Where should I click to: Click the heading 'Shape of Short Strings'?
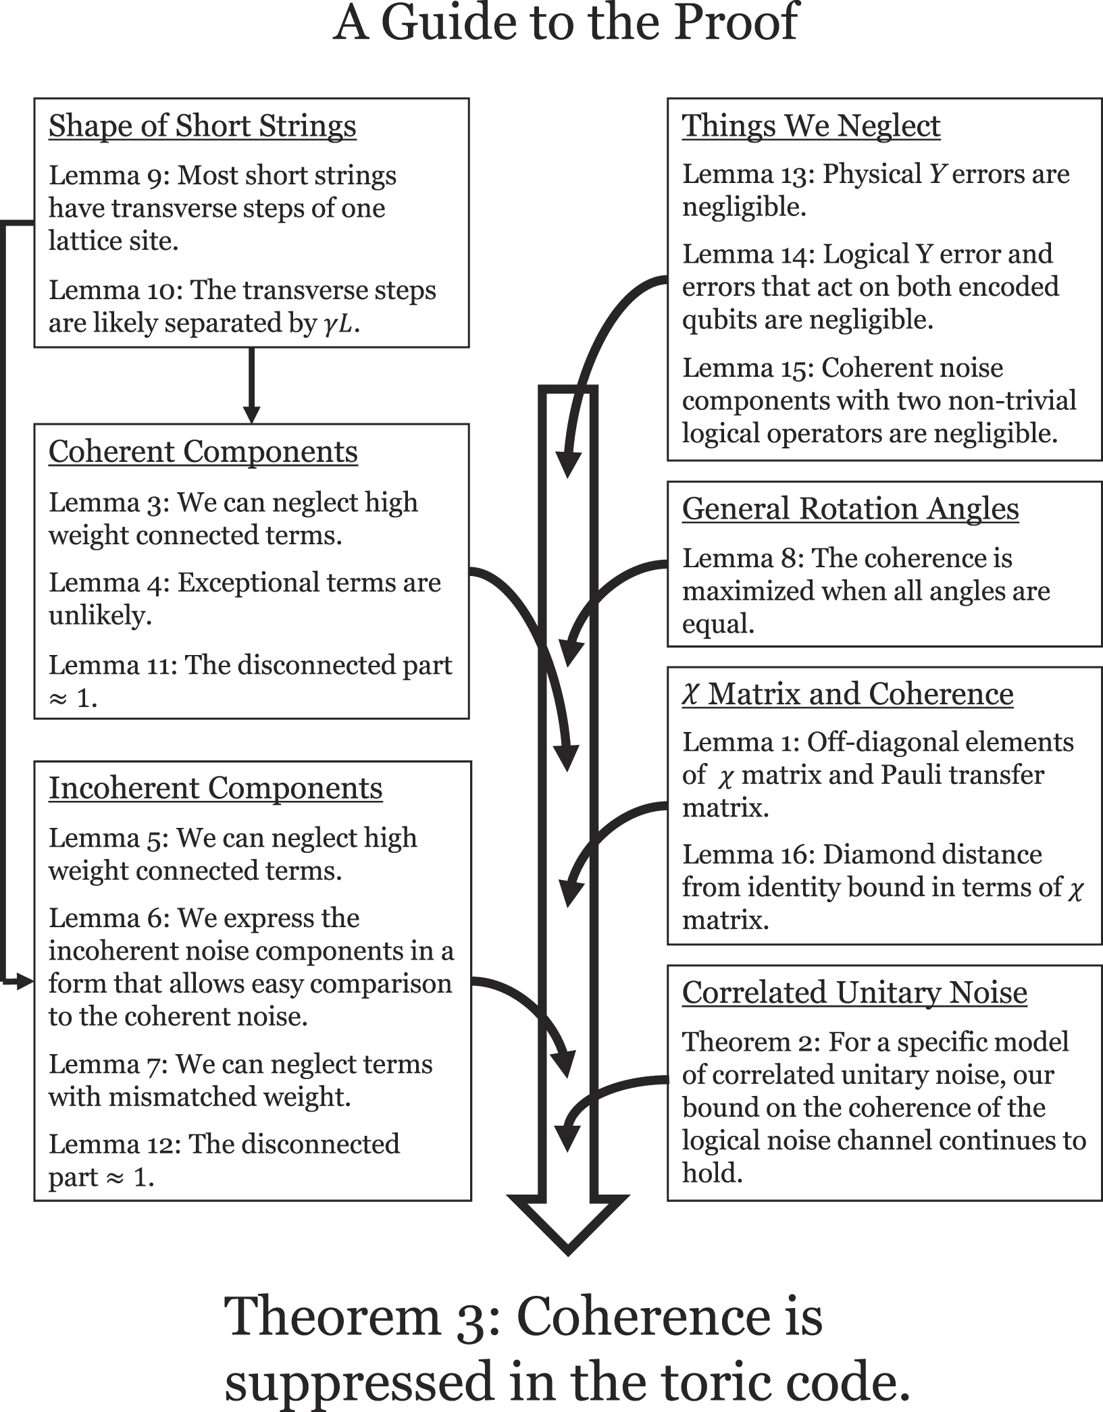tap(202, 126)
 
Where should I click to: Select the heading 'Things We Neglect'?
tap(811, 126)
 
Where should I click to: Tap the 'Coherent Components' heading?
tap(203, 452)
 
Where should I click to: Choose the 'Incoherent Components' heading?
tap(215, 788)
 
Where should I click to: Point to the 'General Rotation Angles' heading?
tap(850, 508)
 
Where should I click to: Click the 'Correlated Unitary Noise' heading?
tap(854, 993)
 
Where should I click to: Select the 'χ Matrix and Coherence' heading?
tap(847, 694)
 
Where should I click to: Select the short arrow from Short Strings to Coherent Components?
tap(251, 385)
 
